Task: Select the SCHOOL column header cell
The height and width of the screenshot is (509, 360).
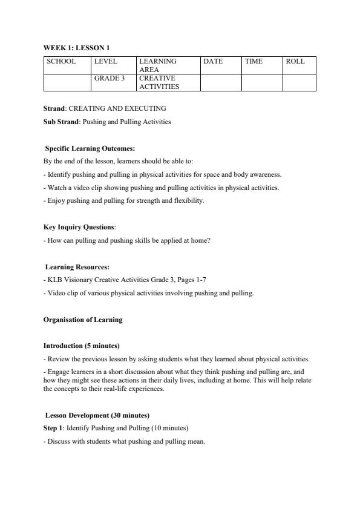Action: coord(61,61)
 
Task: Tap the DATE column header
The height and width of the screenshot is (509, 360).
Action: coord(213,61)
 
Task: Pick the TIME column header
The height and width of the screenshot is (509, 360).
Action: coord(254,61)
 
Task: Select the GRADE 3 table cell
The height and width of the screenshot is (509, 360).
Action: coord(109,78)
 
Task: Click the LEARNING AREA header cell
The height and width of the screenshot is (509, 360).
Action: coord(158,65)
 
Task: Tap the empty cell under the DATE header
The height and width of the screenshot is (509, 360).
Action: coord(220,82)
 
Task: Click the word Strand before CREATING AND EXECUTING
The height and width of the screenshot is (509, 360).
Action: coord(54,108)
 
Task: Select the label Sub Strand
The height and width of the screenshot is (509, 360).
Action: coord(61,122)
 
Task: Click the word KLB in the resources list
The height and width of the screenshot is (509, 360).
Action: coord(53,280)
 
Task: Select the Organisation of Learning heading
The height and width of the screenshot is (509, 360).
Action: coord(82,319)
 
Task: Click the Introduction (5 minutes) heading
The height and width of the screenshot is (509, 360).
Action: coord(81,346)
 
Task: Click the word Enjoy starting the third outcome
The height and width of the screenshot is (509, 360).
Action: coord(54,200)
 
